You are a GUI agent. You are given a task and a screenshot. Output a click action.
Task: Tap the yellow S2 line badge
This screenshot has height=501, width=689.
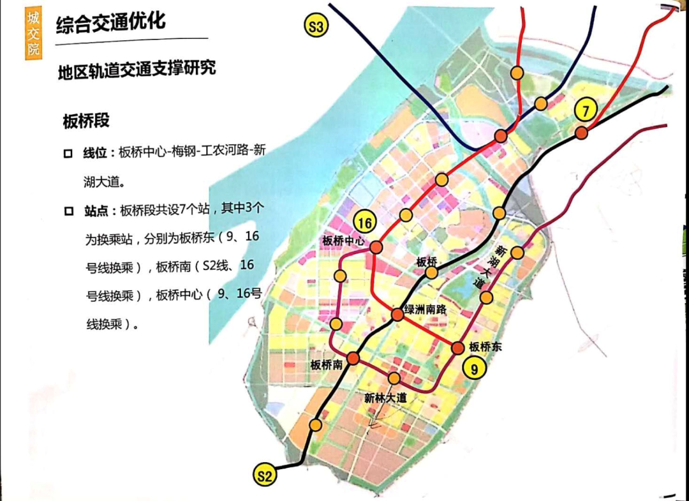pyautogui.click(x=265, y=475)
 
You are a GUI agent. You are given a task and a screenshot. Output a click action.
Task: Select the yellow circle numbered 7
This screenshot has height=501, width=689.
pyautogui.click(x=585, y=110)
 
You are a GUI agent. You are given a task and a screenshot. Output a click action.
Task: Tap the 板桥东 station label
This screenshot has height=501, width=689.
pyautogui.click(x=485, y=347)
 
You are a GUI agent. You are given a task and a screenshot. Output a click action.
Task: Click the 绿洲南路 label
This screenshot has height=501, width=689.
pyautogui.click(x=424, y=309)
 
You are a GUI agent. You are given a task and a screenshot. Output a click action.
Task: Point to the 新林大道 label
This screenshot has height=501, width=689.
pyautogui.click(x=385, y=397)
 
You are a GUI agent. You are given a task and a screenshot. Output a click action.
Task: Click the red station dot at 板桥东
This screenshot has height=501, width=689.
pyautogui.click(x=458, y=348)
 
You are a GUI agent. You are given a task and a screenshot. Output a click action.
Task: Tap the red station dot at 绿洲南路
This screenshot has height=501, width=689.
pyautogui.click(x=397, y=314)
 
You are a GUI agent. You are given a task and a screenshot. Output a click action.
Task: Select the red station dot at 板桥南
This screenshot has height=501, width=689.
pyautogui.click(x=352, y=358)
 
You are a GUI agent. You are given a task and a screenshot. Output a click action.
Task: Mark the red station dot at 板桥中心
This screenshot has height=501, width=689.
pyautogui.click(x=376, y=247)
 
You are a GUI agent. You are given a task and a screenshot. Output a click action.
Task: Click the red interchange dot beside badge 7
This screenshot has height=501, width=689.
pyautogui.click(x=581, y=133)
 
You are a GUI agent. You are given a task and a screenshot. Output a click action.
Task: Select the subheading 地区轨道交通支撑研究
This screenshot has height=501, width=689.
pyautogui.click(x=137, y=70)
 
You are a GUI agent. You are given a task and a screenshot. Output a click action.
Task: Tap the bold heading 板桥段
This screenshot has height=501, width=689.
pyautogui.click(x=86, y=121)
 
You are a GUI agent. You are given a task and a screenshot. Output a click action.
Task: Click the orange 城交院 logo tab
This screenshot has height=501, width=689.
pyautogui.click(x=33, y=31)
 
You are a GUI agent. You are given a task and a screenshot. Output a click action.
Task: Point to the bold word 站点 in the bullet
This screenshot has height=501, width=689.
pyautogui.click(x=96, y=209)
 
